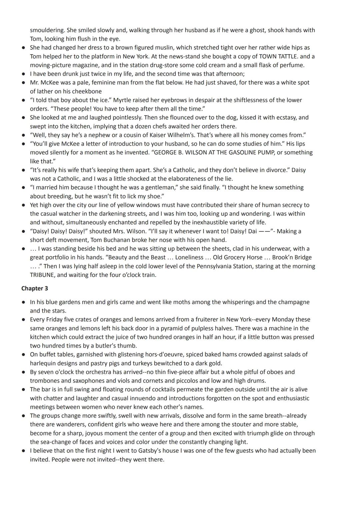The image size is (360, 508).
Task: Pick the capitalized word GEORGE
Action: point(165,153)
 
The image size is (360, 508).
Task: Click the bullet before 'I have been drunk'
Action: point(24,74)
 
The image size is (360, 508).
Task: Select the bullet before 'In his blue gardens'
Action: point(24,302)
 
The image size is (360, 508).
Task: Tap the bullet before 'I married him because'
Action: point(24,188)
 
